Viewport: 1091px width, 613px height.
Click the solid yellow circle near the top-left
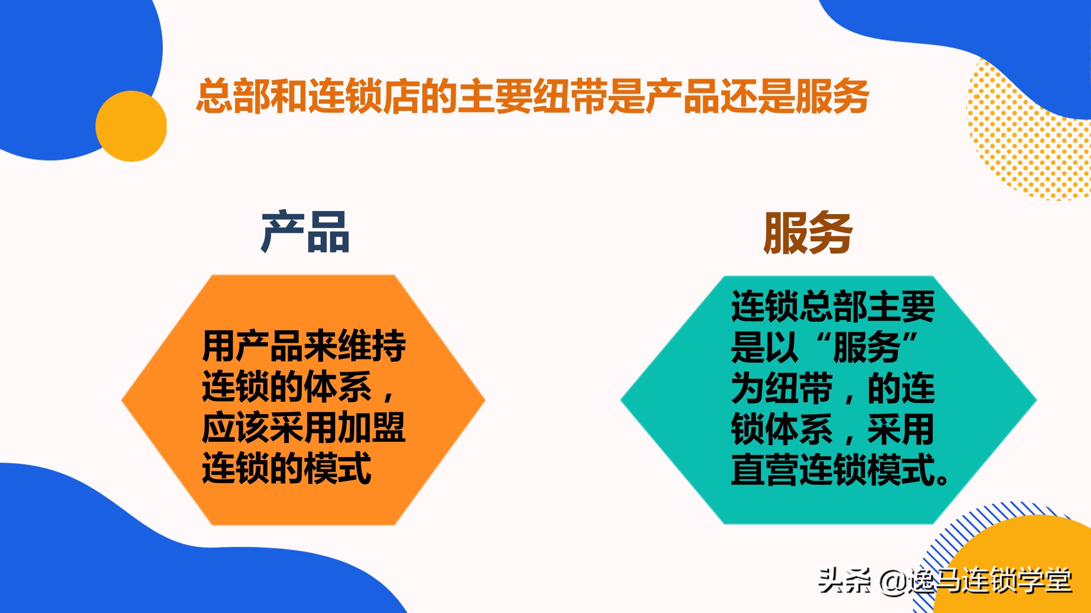(131, 126)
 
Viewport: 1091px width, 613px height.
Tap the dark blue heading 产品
(305, 232)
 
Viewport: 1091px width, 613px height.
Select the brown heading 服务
(808, 232)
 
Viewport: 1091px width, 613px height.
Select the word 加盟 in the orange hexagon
(372, 427)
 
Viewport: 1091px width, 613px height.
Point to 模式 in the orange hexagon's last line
(338, 468)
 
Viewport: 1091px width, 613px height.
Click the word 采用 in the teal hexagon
(901, 429)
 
